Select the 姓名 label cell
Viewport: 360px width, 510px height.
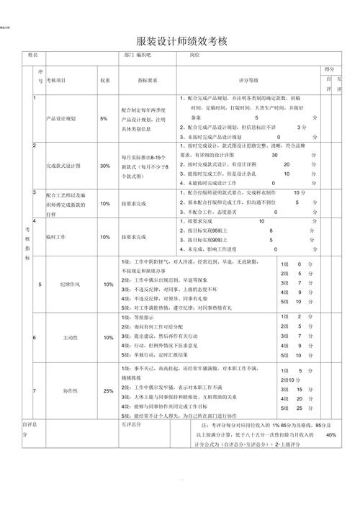tap(32, 55)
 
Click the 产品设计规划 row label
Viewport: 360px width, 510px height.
tap(61, 118)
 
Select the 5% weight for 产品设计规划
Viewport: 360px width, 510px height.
tap(104, 118)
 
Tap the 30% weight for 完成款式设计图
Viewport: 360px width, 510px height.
tap(105, 166)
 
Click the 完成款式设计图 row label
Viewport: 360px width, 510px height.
tap(63, 166)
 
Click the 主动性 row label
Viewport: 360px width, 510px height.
tap(71, 337)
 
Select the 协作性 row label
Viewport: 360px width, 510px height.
tap(71, 391)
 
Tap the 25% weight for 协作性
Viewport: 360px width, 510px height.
tap(108, 391)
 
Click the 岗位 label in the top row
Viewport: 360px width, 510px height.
tap(194, 55)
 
